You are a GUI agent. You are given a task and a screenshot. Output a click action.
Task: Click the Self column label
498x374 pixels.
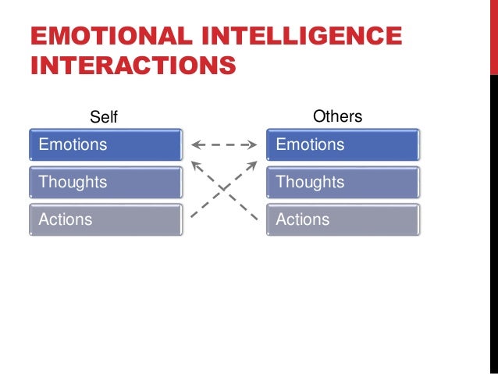tap(104, 117)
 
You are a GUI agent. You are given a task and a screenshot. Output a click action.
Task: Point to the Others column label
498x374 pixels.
tap(337, 116)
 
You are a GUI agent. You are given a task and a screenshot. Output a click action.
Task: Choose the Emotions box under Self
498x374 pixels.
tap(106, 144)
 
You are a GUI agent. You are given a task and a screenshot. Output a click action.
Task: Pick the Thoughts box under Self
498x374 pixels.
tap(106, 182)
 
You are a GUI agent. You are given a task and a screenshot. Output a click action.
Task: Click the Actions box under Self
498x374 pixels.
tap(106, 219)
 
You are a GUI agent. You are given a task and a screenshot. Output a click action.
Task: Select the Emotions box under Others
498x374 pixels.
tap(343, 144)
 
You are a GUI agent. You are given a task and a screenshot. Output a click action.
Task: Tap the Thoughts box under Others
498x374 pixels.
tap(343, 182)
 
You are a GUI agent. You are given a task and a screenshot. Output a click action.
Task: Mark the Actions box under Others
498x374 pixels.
tap(343, 219)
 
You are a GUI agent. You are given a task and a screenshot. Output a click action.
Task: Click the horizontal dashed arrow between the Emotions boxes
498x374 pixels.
tap(224, 144)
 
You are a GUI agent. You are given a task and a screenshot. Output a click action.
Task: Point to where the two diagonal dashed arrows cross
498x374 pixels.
tap(224, 188)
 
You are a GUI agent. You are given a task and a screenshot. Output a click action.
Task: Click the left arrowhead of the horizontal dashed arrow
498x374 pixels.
tap(194, 144)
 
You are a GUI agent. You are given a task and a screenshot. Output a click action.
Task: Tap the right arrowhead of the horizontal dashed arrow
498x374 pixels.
tap(254, 144)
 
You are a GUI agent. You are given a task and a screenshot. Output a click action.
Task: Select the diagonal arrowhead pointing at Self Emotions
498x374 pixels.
tap(195, 164)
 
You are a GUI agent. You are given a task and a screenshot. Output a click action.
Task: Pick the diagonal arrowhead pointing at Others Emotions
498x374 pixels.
tap(253, 164)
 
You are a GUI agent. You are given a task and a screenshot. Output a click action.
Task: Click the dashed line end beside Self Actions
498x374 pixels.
tap(192, 216)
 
